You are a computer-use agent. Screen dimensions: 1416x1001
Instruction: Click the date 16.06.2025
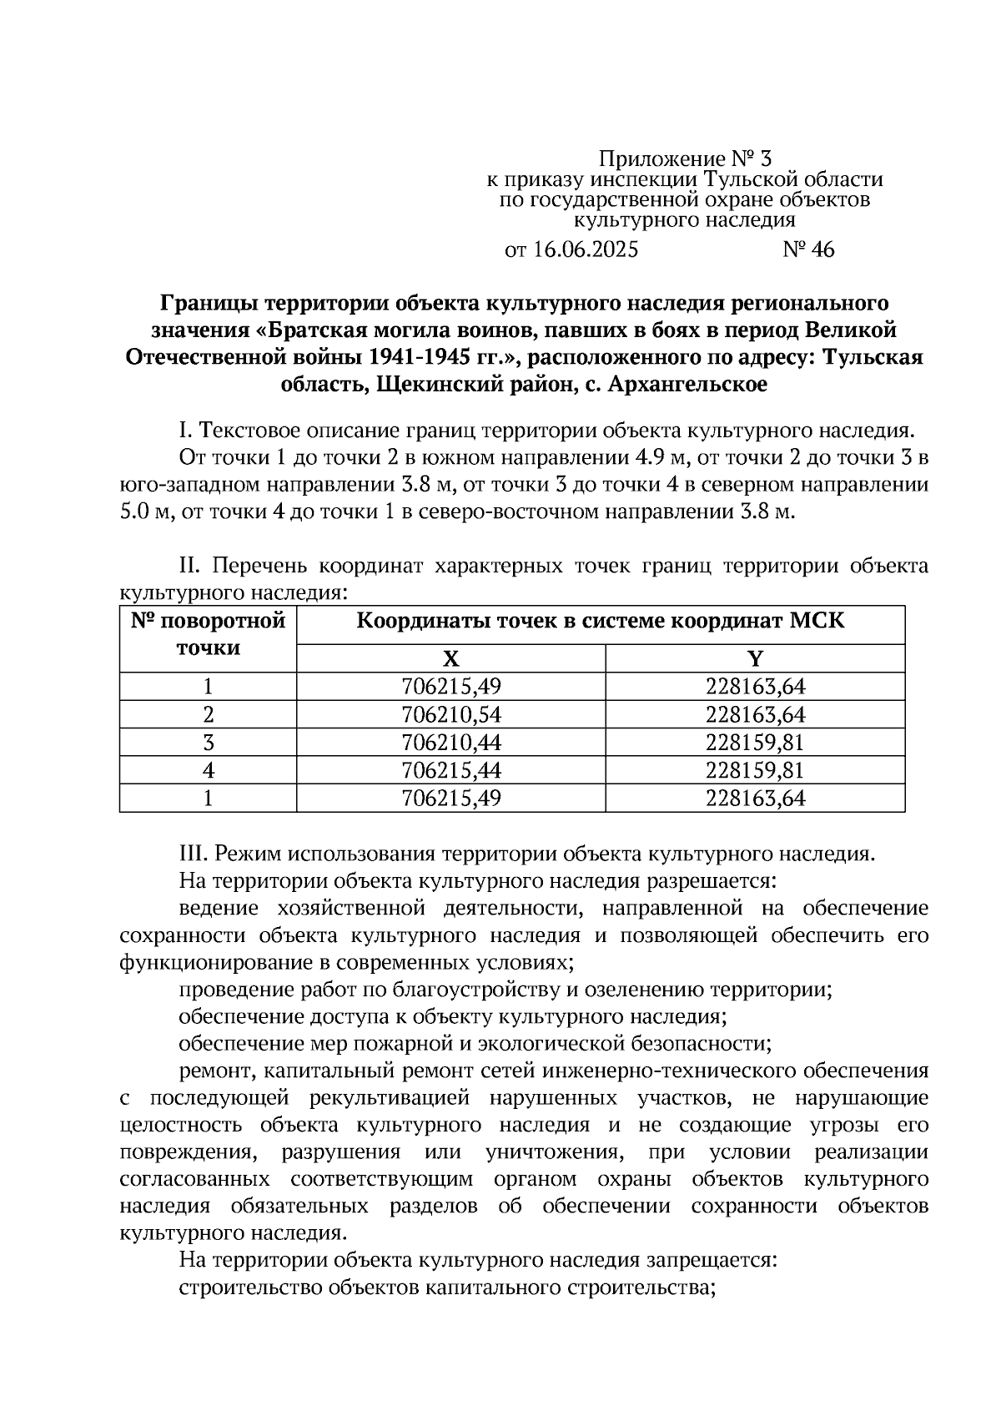coord(583,249)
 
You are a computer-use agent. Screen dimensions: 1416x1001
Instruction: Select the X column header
coord(450,659)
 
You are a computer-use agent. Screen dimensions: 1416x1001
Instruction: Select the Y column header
coord(755,659)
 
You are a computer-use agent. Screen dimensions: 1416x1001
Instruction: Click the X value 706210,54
coord(450,714)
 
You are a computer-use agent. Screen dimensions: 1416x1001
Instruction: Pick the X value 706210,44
coord(450,742)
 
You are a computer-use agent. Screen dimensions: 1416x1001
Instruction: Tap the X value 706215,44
coord(450,769)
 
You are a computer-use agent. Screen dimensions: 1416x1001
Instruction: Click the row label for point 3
coord(209,742)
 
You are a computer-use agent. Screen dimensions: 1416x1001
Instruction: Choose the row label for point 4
coord(209,769)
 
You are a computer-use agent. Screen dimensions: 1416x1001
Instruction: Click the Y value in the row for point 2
coord(755,714)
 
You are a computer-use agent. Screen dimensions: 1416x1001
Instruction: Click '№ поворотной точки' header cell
coord(209,634)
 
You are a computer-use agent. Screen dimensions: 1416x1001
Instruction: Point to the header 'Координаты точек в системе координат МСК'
coord(601,622)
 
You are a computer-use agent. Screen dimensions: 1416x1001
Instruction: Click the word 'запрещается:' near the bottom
coord(712,1260)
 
